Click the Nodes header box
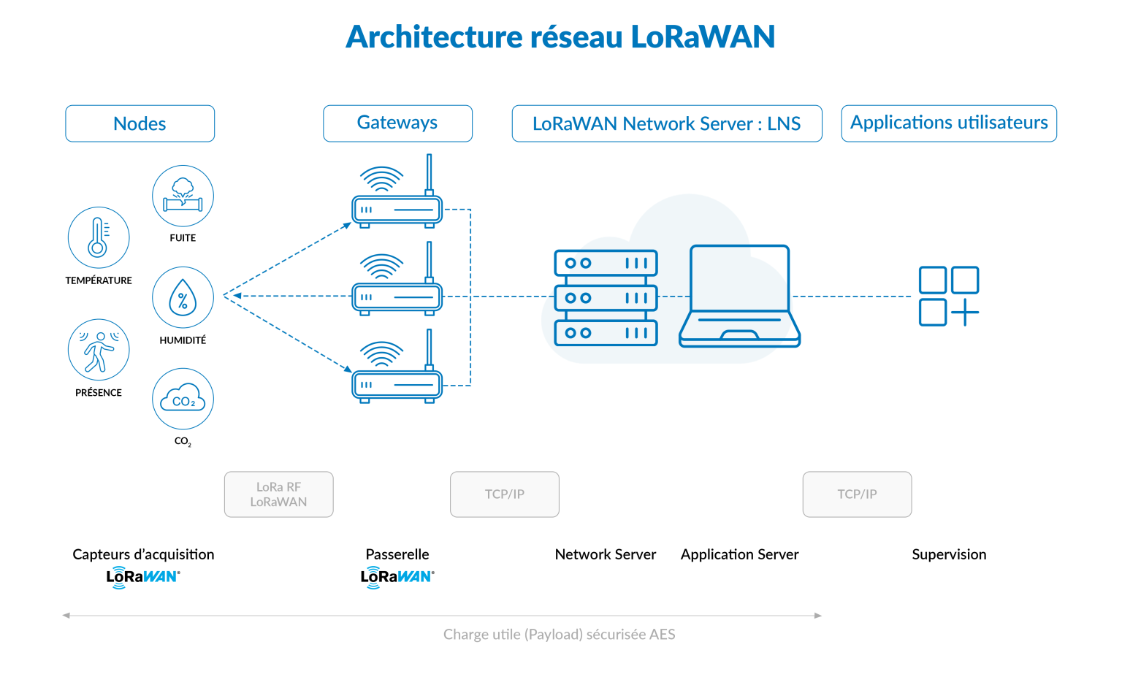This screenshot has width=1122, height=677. (140, 123)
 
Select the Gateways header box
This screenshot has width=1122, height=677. (397, 123)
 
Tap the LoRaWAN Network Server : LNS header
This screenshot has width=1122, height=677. (666, 123)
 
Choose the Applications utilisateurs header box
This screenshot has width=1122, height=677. (948, 123)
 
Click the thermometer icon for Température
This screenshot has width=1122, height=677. (99, 238)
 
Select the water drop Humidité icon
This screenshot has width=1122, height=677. (183, 298)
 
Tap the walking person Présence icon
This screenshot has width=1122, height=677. (99, 350)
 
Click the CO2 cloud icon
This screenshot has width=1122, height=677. (183, 399)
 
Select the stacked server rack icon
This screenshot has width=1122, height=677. (606, 297)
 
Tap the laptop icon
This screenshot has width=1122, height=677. (739, 297)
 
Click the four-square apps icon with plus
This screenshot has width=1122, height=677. (948, 296)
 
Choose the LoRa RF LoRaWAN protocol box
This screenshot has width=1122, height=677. (278, 494)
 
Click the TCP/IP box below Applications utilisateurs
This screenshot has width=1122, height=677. (857, 494)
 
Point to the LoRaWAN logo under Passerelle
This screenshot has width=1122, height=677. (397, 577)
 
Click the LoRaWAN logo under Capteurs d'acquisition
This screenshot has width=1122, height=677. (143, 577)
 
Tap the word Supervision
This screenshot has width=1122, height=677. (948, 554)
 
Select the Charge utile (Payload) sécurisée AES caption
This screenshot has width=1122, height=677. (559, 634)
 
